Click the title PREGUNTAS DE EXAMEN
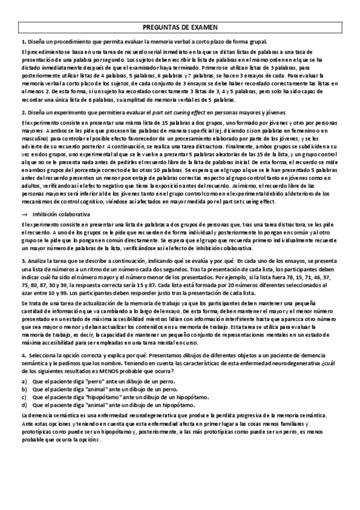click(x=180, y=28)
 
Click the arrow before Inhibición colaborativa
click(x=23, y=214)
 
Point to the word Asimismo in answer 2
click(x=240, y=185)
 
